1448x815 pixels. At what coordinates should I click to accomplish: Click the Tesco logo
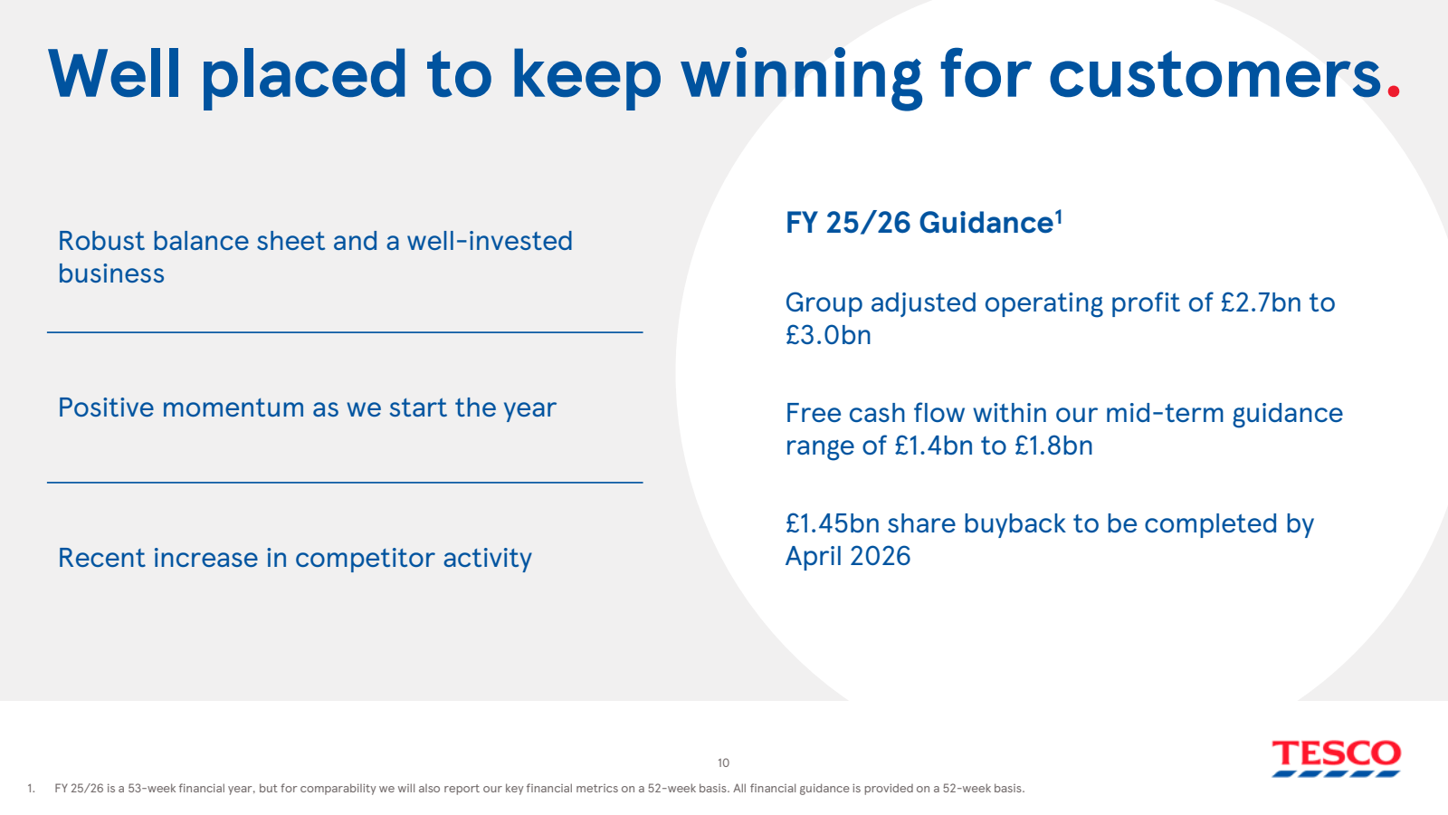(1336, 758)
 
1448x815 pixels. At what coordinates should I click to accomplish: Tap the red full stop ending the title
(1394, 91)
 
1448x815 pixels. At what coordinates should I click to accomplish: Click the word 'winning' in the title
(801, 75)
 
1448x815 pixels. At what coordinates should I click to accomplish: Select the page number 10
(723, 762)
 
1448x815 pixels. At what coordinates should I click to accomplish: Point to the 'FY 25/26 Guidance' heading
(919, 223)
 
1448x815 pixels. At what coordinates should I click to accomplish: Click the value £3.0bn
(828, 335)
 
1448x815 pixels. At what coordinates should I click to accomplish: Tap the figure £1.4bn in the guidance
(933, 446)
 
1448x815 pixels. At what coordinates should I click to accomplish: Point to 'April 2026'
(848, 556)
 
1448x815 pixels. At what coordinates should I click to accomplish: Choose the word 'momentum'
(233, 407)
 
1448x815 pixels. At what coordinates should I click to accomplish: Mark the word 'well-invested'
(490, 241)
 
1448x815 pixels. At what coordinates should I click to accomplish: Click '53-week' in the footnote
(151, 788)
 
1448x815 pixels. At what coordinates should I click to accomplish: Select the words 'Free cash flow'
(845, 413)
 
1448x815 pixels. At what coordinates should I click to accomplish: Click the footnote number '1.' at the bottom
(31, 788)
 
